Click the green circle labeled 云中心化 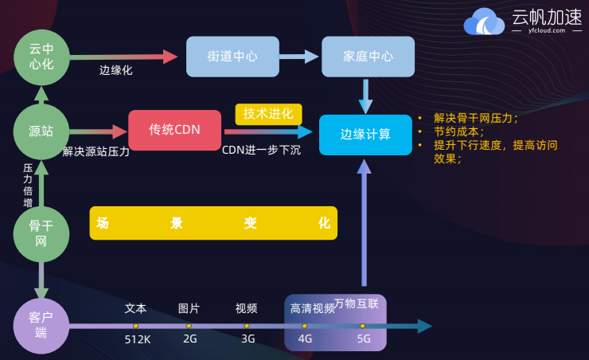click(x=41, y=57)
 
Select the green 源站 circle click(x=41, y=131)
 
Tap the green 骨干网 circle click(x=41, y=233)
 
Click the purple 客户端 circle click(x=41, y=326)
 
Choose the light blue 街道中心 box click(x=232, y=57)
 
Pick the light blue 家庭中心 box click(x=368, y=57)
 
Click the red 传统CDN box click(x=174, y=130)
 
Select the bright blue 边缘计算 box click(x=365, y=135)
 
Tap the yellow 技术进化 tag click(x=268, y=114)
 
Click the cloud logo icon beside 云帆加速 click(x=484, y=22)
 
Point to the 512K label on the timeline click(x=138, y=339)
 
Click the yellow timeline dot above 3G click(x=247, y=326)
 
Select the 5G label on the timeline click(x=364, y=338)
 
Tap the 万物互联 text click(x=356, y=303)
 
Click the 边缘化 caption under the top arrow click(x=115, y=70)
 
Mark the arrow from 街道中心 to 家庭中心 click(x=299, y=57)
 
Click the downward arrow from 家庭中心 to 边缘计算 click(x=365, y=96)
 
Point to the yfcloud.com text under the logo click(x=547, y=30)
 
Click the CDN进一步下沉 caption click(x=261, y=150)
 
